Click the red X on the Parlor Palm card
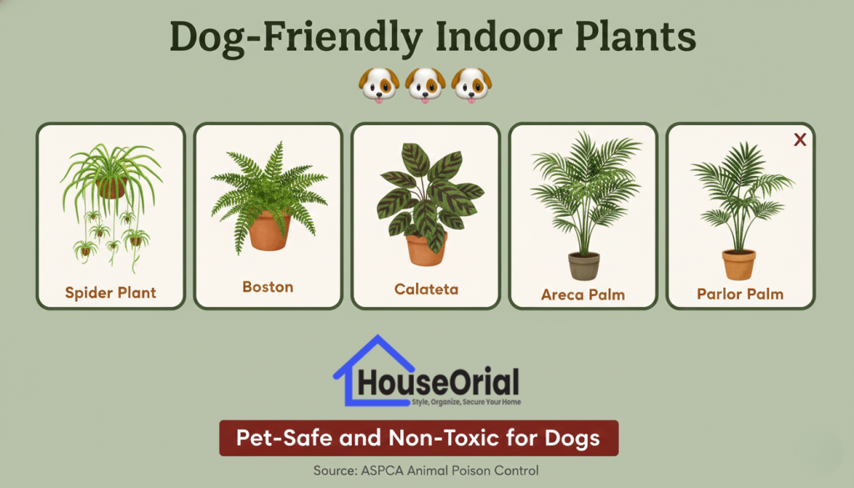800,140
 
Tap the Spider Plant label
111,293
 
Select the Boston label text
268,287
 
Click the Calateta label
426,289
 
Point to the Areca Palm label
583,294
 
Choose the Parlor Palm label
741,294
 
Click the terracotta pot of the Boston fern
269,231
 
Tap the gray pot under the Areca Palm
584,266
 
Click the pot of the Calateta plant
426,249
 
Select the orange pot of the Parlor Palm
739,264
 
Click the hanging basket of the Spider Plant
111,187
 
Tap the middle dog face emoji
426,86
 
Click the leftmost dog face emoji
379,86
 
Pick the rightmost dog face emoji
473,86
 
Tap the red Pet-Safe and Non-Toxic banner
419,437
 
